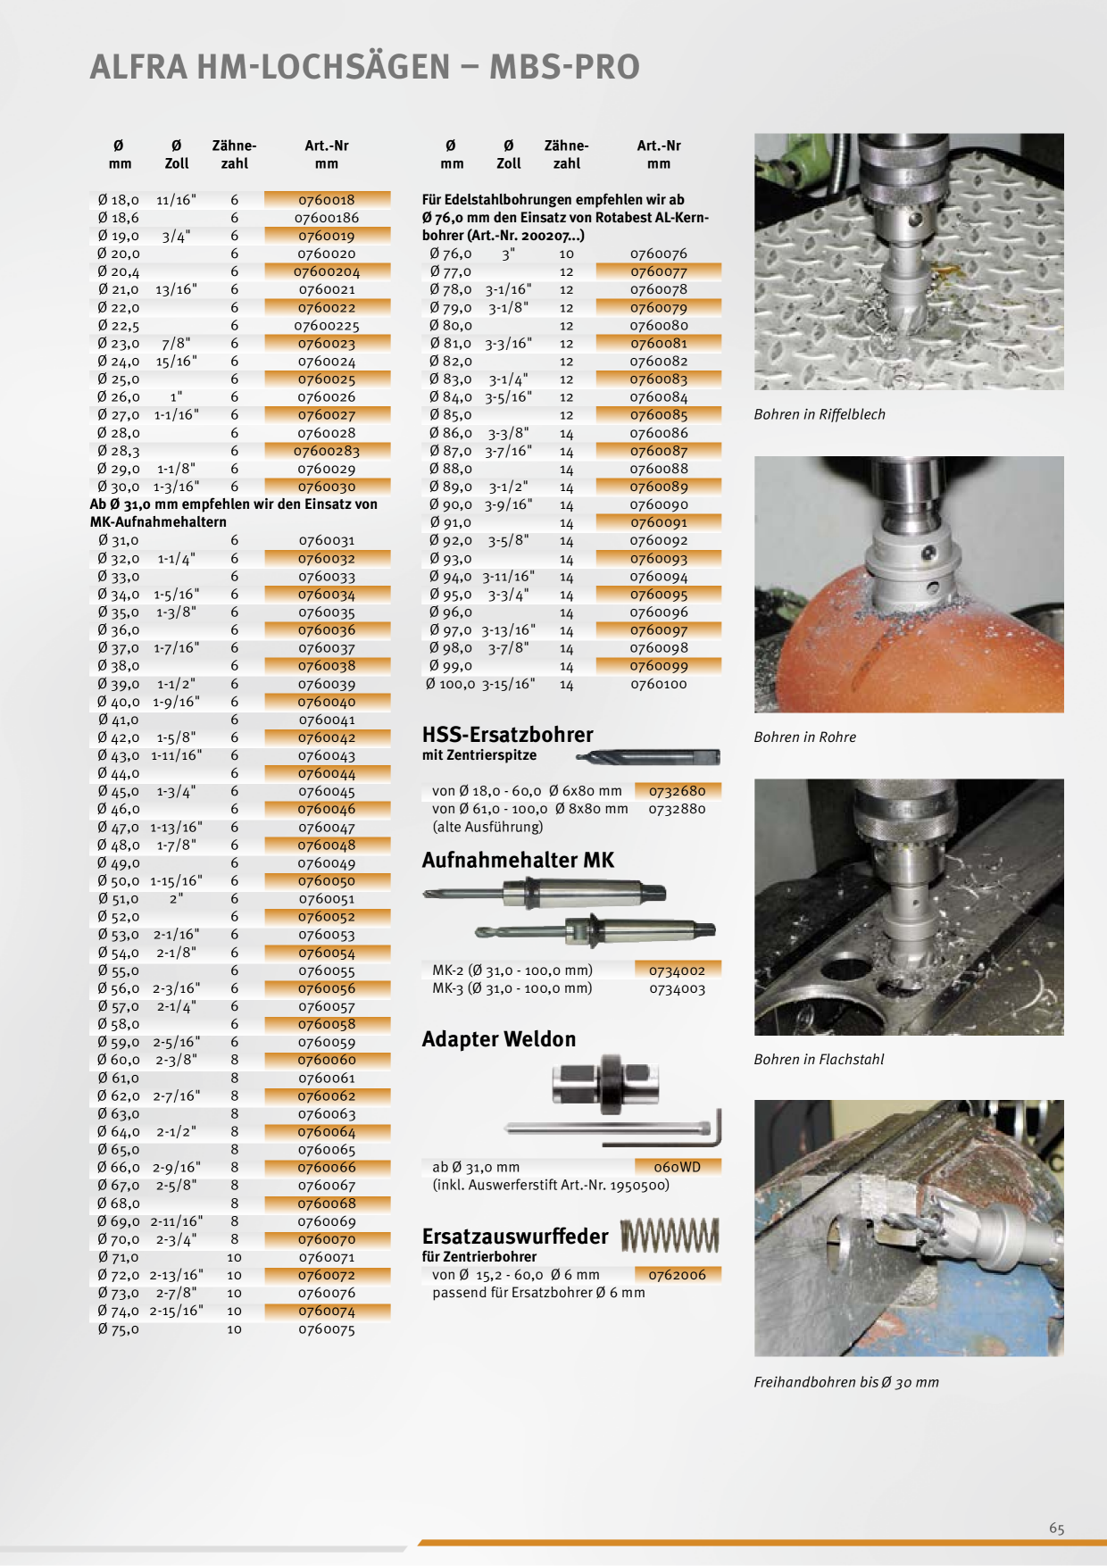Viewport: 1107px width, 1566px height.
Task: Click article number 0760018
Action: point(327,200)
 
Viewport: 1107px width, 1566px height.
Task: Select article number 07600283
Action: point(327,451)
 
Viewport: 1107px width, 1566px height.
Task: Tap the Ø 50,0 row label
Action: point(119,881)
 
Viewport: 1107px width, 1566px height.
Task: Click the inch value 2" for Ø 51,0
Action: point(177,899)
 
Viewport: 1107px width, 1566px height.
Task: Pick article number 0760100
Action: point(659,684)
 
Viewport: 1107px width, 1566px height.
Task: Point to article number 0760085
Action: point(659,415)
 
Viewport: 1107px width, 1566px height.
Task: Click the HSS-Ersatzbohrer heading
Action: point(507,735)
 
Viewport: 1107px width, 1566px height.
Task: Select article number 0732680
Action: point(678,791)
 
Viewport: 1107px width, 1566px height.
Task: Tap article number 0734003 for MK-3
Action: point(678,988)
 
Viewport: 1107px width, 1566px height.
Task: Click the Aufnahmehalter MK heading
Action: point(518,861)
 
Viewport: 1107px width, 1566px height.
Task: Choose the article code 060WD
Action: point(678,1167)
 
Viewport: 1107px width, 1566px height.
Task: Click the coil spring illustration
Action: point(670,1236)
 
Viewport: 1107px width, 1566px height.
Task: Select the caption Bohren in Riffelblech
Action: point(820,414)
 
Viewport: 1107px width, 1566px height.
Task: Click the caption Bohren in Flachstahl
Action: point(819,1060)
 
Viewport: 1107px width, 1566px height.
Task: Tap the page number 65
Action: point(1057,1529)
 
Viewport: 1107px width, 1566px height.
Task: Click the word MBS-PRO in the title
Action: point(564,67)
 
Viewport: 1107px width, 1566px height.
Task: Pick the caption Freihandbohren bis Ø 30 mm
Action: point(845,1382)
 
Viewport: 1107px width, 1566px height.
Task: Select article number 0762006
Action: point(678,1275)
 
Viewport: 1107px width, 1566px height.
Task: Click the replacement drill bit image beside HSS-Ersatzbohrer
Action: point(648,758)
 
